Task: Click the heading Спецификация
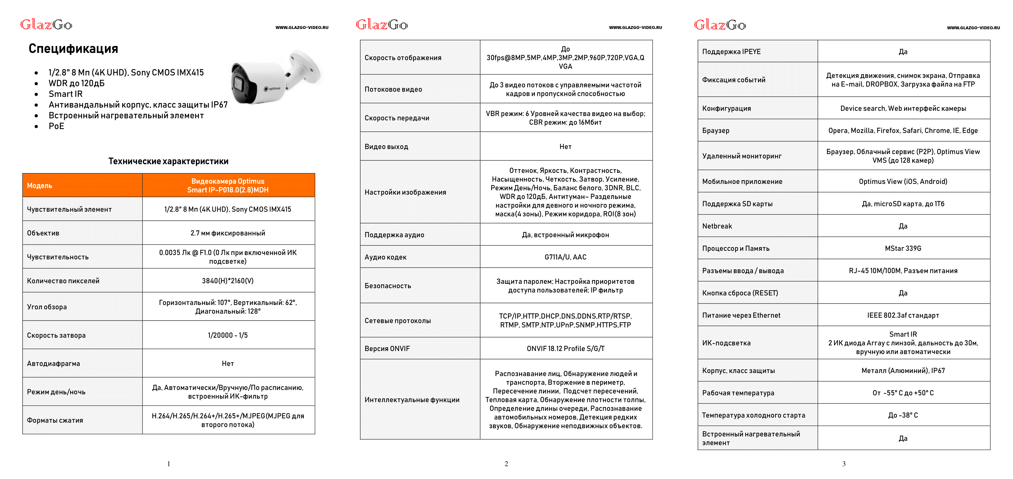[73, 49]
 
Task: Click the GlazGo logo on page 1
[46, 25]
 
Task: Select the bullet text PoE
[56, 126]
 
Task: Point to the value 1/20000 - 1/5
[228, 335]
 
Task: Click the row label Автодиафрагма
[54, 364]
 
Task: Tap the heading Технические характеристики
[168, 161]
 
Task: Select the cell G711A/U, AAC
[565, 257]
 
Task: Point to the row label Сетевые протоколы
[398, 321]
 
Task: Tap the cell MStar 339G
[903, 248]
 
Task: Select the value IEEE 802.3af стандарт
[903, 315]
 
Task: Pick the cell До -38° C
[903, 415]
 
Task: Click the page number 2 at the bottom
[506, 464]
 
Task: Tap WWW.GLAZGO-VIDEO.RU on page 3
[973, 28]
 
